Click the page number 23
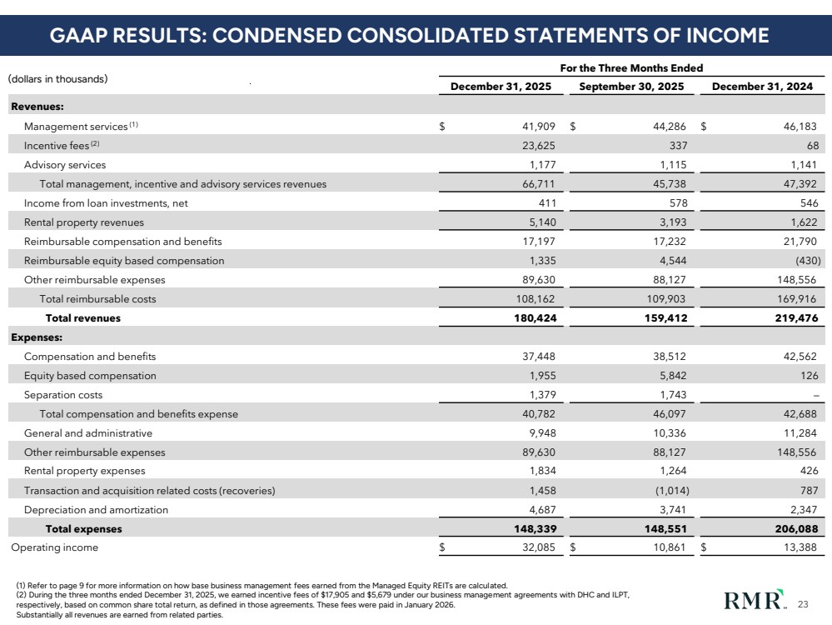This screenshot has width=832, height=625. [803, 604]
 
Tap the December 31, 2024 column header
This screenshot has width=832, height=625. [763, 87]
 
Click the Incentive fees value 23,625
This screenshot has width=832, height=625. [537, 146]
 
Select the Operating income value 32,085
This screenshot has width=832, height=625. [537, 547]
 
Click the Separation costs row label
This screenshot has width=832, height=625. [63, 394]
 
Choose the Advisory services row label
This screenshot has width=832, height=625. [65, 165]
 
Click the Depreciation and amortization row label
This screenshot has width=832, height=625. [96, 509]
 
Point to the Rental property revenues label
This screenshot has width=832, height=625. [83, 222]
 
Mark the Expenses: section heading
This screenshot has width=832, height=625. [37, 337]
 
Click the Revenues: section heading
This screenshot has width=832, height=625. [37, 107]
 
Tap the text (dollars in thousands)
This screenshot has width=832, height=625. [58, 79]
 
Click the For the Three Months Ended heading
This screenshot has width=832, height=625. [632, 67]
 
